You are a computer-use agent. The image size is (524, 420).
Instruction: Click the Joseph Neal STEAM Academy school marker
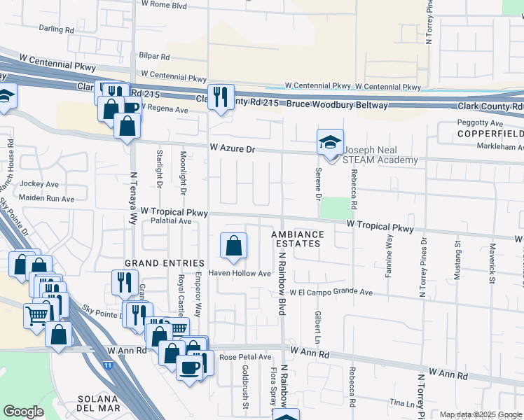click(x=330, y=143)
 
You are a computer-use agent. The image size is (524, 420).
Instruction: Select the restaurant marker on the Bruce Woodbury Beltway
click(x=221, y=97)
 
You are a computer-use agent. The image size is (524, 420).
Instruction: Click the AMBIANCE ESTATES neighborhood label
click(x=298, y=239)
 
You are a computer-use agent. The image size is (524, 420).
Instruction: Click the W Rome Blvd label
click(x=164, y=5)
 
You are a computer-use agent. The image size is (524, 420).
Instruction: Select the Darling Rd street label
click(x=56, y=30)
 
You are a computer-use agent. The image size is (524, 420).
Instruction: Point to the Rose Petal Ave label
click(x=245, y=357)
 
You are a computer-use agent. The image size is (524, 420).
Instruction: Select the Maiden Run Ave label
click(x=47, y=199)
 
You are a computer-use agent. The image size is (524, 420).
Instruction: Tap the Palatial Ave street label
click(x=171, y=221)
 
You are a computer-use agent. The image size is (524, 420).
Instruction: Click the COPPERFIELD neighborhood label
click(x=491, y=133)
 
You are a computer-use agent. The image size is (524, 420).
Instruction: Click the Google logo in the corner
click(x=23, y=412)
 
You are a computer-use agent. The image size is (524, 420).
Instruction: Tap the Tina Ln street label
click(x=404, y=404)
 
